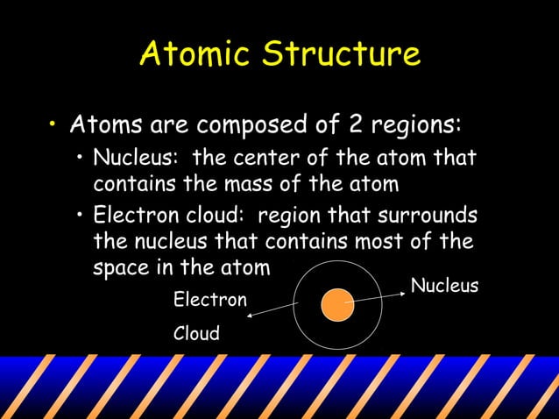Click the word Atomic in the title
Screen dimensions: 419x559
tap(195, 54)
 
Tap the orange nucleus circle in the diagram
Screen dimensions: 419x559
tap(336, 306)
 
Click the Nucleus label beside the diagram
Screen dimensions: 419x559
tap(444, 287)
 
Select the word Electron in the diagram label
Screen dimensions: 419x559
tap(210, 301)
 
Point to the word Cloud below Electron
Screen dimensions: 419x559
tap(197, 334)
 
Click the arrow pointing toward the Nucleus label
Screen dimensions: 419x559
tap(377, 295)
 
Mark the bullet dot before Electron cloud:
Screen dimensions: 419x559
tap(81, 217)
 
